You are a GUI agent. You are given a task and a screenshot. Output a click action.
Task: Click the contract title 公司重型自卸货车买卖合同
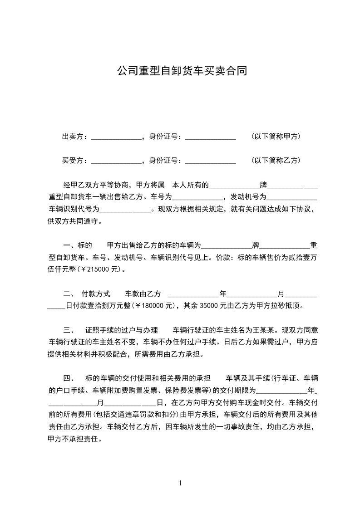pos(182,71)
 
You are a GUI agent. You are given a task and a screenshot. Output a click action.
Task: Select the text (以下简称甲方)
pos(276,137)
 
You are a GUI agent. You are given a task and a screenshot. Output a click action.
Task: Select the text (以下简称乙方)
pos(276,161)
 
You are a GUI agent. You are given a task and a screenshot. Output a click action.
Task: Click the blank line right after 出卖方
pos(116,137)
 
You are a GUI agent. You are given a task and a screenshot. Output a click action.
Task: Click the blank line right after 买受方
pos(116,162)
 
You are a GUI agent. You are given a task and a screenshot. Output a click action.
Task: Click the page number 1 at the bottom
pos(180,483)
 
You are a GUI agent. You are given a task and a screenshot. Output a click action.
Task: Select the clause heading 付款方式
pos(96,294)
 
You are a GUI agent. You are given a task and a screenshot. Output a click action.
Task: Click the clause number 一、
pos(69,245)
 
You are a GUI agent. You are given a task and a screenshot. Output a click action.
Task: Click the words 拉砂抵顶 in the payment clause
pos(286,305)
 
